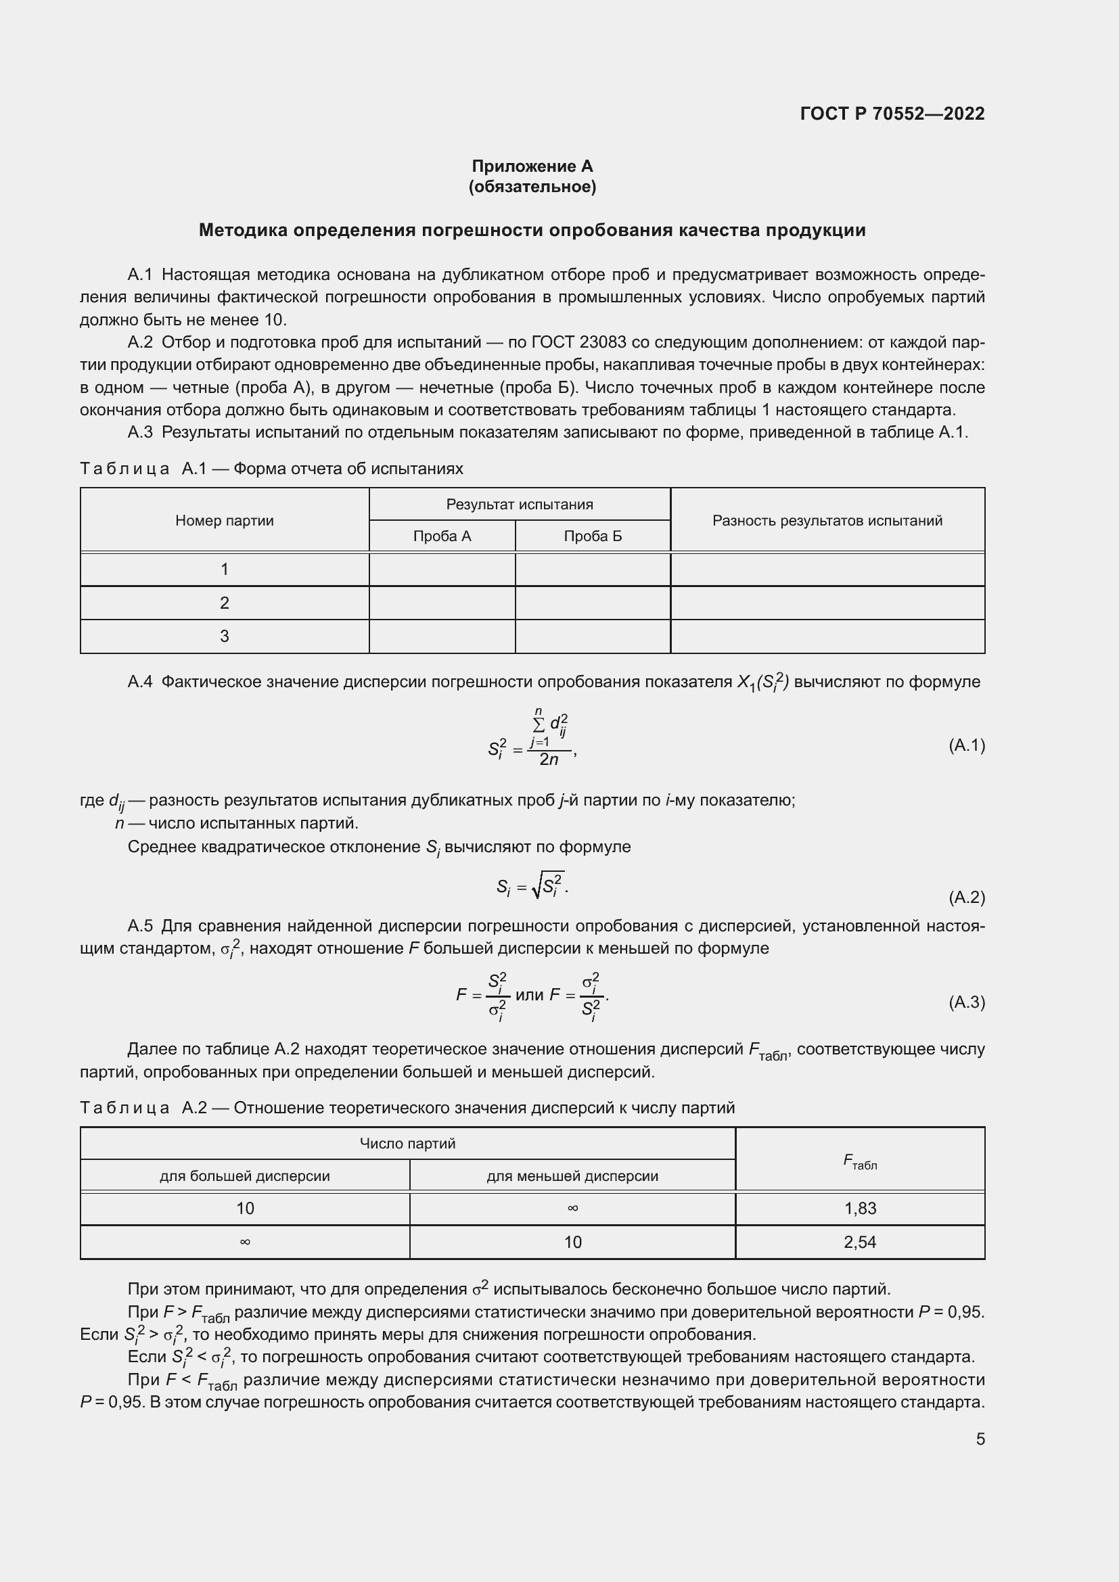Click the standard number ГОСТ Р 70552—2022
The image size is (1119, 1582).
pos(892,114)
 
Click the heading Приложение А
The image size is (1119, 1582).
pos(532,166)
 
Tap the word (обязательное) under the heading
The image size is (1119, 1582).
pos(532,187)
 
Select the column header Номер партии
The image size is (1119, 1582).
pos(225,521)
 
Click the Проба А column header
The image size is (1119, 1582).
pos(442,536)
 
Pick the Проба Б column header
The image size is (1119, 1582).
pos(593,536)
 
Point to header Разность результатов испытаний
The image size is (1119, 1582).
pos(827,521)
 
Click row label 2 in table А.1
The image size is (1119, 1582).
pos(225,603)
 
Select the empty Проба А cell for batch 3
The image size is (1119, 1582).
pos(442,636)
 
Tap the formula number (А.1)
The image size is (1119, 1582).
pos(967,745)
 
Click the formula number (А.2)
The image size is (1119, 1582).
pos(967,897)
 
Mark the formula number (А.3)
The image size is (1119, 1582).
pos(967,1002)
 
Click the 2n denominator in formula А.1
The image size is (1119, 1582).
pos(549,760)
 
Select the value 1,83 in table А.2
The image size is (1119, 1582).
pos(860,1208)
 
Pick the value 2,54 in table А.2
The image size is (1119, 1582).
pos(860,1242)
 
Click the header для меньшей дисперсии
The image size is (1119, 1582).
pos(572,1176)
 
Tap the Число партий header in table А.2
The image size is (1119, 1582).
pos(407,1144)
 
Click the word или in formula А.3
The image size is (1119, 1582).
pos(529,995)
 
